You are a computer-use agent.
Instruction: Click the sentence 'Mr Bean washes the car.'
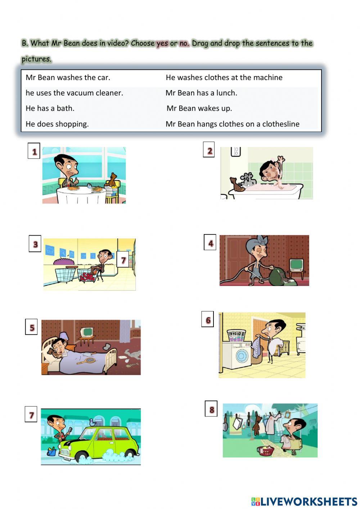point(68,77)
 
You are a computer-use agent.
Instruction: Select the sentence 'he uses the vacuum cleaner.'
point(74,93)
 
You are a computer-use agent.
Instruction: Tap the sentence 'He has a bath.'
point(50,108)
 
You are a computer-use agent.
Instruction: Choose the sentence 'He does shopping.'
point(57,124)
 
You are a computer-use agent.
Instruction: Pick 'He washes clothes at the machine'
point(224,77)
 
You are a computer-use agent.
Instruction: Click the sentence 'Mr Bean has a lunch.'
point(201,93)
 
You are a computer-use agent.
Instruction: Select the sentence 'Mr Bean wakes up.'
point(199,108)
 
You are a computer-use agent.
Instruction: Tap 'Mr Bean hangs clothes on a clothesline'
point(232,124)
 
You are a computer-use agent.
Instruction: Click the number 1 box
point(34,151)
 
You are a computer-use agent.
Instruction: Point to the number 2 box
point(210,151)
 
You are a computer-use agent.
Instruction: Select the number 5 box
point(32,327)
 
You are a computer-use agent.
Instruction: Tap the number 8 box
point(211,409)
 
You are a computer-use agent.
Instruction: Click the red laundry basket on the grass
point(266,450)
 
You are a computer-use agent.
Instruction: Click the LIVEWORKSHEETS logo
point(304,501)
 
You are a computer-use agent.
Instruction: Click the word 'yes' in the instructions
point(162,44)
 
